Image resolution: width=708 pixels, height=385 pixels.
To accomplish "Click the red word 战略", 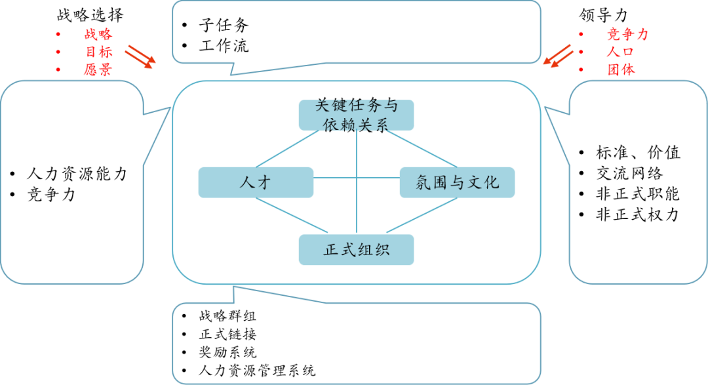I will coord(98,35).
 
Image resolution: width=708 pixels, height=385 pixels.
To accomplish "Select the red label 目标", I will coord(98,52).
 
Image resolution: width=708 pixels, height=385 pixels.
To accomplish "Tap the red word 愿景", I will coord(98,70).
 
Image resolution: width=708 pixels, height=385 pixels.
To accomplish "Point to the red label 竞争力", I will coord(627,35).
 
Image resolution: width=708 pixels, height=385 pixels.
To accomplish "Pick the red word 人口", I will coord(620,52).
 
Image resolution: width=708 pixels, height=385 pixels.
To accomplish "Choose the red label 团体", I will coord(620,70).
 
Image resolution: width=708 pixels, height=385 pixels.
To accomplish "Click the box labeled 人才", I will coord(256,182).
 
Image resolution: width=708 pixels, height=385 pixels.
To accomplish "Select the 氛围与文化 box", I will coord(457,182).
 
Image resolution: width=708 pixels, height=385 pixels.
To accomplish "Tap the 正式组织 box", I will coord(356,250).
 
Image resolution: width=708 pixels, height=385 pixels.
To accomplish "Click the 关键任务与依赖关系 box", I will coord(356,115).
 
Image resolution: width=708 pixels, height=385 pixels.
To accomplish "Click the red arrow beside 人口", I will coord(557,55).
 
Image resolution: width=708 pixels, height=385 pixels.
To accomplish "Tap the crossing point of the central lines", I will coord(357,178).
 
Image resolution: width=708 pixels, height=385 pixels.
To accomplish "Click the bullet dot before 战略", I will coord(58,35).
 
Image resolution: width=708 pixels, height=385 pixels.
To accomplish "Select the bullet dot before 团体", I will coord(580,70).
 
